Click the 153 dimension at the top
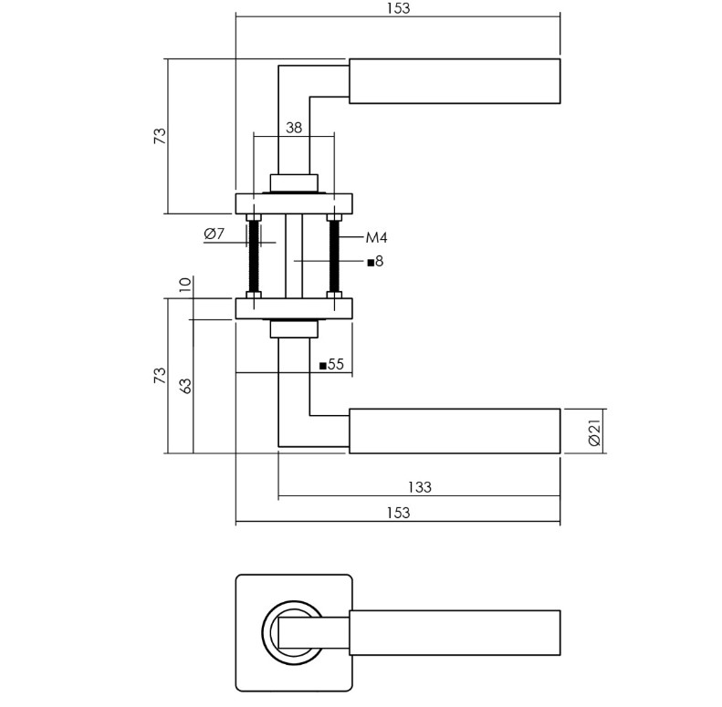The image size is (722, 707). coord(397,8)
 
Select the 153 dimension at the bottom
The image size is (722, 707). coord(397,513)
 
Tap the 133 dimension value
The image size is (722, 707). coord(418,487)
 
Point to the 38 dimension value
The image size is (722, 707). coord(293,128)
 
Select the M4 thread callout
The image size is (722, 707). coord(376,238)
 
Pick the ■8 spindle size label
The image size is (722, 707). coord(374,262)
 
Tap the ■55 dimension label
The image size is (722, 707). coord(330,365)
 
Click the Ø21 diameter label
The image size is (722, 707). coord(594,431)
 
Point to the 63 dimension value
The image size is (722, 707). coord(186,385)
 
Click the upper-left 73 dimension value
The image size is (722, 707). coord(160,136)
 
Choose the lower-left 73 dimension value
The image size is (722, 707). coord(160,375)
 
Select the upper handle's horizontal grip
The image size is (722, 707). coord(455,81)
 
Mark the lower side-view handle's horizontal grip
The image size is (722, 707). coord(455,431)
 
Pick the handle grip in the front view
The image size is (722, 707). coord(455,632)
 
